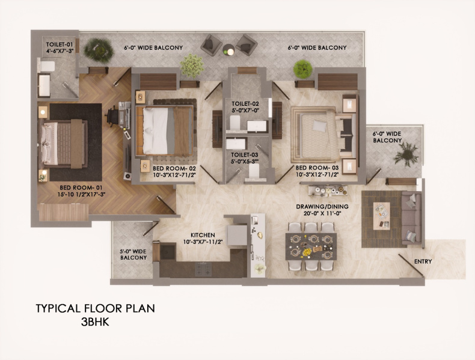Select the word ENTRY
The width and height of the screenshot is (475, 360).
423,261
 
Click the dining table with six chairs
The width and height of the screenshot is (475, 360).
310,246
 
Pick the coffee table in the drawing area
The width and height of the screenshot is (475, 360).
381,215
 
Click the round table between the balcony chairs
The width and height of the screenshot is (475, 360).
228,49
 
